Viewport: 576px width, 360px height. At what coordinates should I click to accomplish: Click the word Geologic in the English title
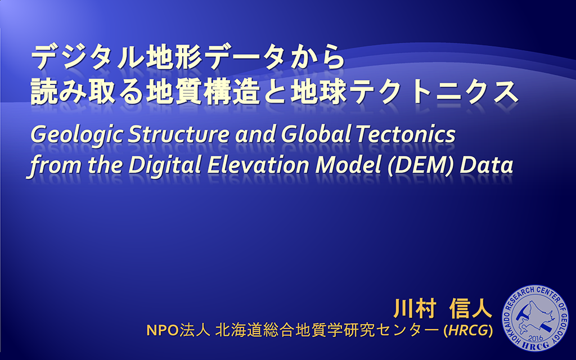pos(76,135)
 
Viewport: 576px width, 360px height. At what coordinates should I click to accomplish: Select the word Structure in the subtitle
pos(178,134)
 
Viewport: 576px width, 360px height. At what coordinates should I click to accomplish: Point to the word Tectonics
pos(406,134)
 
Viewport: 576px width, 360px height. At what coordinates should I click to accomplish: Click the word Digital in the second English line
pos(165,165)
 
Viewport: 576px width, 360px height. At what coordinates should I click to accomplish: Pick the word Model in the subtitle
pos(348,165)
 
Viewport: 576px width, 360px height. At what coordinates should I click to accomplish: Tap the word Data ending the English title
pos(487,165)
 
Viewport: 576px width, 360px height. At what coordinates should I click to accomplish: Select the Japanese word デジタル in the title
pos(87,58)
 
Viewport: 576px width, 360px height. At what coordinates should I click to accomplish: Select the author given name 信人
pos(471,308)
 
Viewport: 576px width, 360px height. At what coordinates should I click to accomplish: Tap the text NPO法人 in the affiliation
pos(178,330)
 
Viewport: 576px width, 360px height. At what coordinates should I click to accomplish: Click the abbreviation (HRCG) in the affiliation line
pos(469,330)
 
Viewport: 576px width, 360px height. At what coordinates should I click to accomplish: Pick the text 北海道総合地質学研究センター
pos(327,330)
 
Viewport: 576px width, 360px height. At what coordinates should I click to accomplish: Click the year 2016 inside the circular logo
pos(535,337)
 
